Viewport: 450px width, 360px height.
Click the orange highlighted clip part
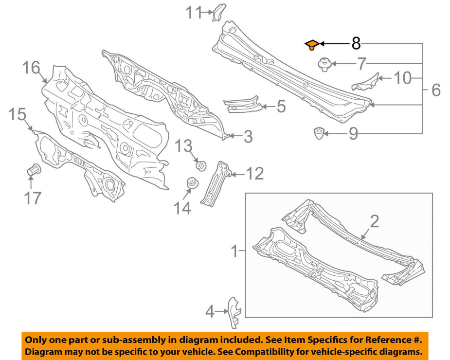[x=311, y=45]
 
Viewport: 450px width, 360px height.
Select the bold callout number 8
[x=356, y=44]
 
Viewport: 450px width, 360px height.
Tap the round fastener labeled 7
[x=324, y=64]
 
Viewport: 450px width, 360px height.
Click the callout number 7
[x=361, y=64]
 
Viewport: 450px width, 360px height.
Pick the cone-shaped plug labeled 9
[x=319, y=132]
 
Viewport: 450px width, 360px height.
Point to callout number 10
[x=403, y=78]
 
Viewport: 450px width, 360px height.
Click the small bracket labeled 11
[x=217, y=11]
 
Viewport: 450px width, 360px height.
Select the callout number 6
[x=435, y=90]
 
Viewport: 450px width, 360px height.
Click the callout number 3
[x=248, y=137]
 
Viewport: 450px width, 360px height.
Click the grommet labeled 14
[x=191, y=184]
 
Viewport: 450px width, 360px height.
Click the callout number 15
[x=17, y=115]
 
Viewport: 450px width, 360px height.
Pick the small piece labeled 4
[x=234, y=312]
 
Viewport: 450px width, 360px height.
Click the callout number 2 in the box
[x=374, y=222]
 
